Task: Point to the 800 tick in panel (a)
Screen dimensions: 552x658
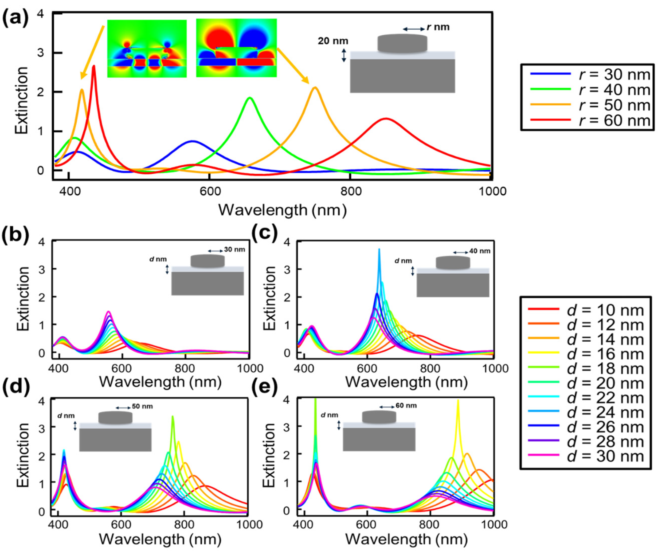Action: (x=349, y=191)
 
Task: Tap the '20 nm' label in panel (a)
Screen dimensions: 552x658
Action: (x=333, y=41)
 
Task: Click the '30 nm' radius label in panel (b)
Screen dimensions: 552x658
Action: (x=234, y=250)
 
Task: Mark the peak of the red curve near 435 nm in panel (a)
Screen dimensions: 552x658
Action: (x=93, y=66)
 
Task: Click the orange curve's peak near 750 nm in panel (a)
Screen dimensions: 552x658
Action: (x=315, y=88)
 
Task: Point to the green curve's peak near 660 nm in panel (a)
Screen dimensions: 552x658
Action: (x=250, y=98)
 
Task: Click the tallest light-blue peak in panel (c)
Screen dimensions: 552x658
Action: (x=379, y=250)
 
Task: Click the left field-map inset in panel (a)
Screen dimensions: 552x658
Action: (x=147, y=49)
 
